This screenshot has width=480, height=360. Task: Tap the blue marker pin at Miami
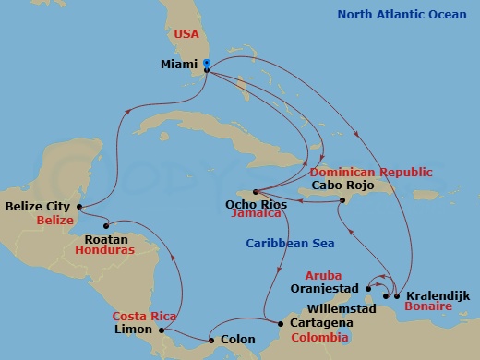(x=207, y=65)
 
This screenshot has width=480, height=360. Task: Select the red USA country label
(x=187, y=34)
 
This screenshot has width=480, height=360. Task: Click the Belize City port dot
(x=80, y=207)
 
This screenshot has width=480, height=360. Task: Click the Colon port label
(x=233, y=340)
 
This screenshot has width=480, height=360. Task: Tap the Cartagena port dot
(x=281, y=323)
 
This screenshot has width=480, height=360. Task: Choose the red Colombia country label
(x=319, y=338)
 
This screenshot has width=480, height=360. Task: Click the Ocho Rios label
(x=249, y=204)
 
